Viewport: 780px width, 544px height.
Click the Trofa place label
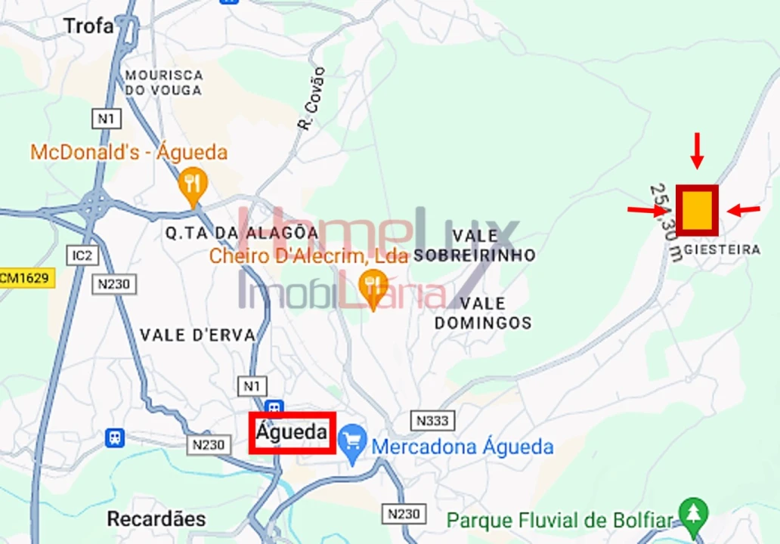click(88, 26)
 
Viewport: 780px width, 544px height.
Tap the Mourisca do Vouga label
click(164, 83)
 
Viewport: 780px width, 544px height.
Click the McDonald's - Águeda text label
click(128, 153)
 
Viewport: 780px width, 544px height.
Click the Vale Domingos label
click(483, 313)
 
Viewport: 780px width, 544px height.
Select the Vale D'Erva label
click(198, 335)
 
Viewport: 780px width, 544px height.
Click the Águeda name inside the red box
click(292, 433)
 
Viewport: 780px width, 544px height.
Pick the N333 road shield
click(432, 420)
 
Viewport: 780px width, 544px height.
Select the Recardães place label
click(156, 519)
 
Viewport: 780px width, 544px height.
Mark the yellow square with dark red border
click(697, 210)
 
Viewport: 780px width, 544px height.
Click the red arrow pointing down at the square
click(697, 150)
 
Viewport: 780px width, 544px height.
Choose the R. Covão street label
click(312, 99)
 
